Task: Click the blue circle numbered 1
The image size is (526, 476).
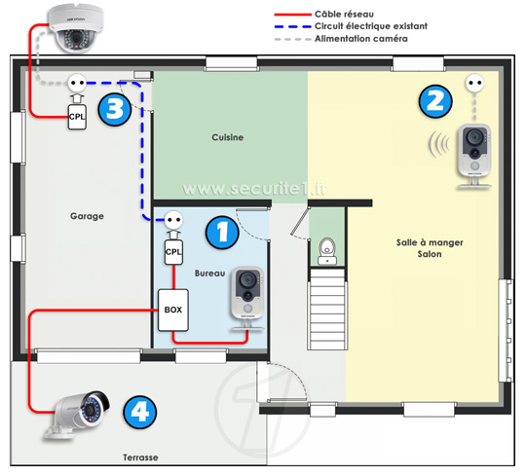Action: pos(222,233)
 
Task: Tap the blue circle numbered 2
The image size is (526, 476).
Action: pos(435,101)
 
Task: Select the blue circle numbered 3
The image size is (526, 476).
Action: pos(115,109)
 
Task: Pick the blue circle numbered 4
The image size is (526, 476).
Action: pos(140,412)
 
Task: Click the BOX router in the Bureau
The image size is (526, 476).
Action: pos(173,311)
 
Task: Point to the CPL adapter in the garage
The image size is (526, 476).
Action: pos(77,117)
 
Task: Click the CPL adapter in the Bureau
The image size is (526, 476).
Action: pos(173,252)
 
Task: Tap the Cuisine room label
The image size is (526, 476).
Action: pos(227,137)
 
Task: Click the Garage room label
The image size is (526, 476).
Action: pos(87,216)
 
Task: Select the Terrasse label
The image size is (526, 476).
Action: pos(140,458)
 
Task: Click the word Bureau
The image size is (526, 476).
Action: pos(210,274)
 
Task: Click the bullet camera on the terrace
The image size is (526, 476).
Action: pos(77,415)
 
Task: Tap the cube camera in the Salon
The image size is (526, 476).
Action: pos(474,154)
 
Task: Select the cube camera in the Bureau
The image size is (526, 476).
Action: pos(247,298)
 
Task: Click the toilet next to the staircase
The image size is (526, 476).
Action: pos(327,251)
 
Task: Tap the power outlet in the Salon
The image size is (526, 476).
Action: pos(475,83)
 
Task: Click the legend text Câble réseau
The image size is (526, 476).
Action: pos(344,15)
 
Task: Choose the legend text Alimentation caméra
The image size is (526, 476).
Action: pos(361,39)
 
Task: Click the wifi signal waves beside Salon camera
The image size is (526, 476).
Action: pos(439,144)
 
